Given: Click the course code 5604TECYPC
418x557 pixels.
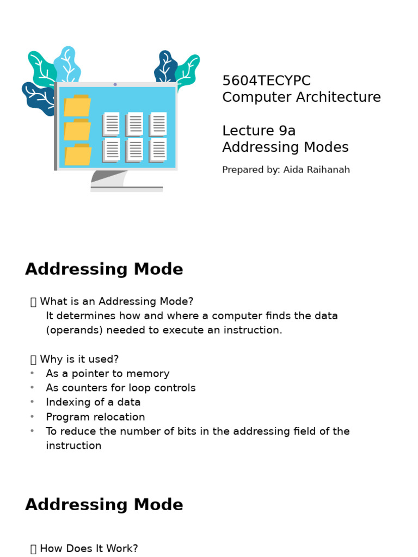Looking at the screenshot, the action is pyautogui.click(x=266, y=81).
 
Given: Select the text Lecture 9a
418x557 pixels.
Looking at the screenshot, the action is pyautogui.click(x=259, y=131).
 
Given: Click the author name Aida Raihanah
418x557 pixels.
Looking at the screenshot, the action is pyautogui.click(x=316, y=170).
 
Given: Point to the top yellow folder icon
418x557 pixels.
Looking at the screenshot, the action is pyautogui.click(x=77, y=106).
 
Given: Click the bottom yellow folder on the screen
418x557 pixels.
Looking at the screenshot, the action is pyautogui.click(x=78, y=155).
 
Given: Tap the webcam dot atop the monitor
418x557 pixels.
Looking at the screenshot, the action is pyautogui.click(x=115, y=84).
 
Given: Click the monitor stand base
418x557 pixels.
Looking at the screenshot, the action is pyautogui.click(x=126, y=188).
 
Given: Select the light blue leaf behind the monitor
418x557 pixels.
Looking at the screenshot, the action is pyautogui.click(x=68, y=63).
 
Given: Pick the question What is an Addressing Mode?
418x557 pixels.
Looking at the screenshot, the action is pyautogui.click(x=116, y=301).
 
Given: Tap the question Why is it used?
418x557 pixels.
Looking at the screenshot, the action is pyautogui.click(x=79, y=360).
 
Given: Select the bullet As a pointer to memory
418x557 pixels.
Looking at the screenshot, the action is pyautogui.click(x=108, y=374).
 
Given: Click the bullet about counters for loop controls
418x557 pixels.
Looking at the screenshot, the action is pyautogui.click(x=121, y=388).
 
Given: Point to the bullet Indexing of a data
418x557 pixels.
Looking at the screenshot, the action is pyautogui.click(x=93, y=403).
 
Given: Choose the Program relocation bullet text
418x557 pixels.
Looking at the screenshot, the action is pyautogui.click(x=95, y=417).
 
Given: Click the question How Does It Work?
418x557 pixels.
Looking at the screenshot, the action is pyautogui.click(x=89, y=548).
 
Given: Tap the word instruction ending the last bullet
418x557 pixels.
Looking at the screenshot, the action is pyautogui.click(x=73, y=446).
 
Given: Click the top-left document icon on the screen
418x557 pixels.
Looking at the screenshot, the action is pyautogui.click(x=112, y=123).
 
